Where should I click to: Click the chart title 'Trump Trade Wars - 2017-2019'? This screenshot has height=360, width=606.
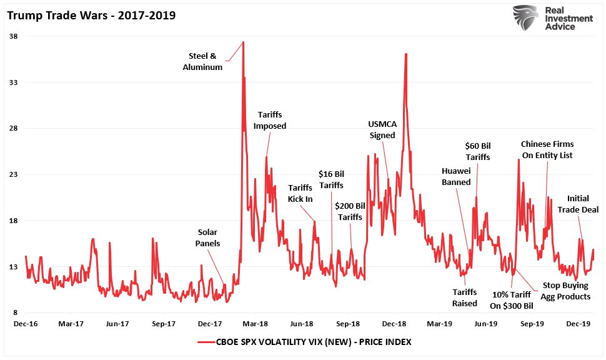91,14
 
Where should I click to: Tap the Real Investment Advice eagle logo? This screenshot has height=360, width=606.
526,19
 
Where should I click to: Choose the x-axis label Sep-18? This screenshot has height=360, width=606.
348,324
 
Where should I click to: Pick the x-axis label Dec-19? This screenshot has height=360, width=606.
579,324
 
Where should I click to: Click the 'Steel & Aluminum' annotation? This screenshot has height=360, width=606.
202,61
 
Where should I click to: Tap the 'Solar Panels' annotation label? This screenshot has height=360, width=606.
207,237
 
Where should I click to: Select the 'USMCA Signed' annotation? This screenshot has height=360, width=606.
382,129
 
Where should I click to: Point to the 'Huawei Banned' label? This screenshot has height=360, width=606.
456,176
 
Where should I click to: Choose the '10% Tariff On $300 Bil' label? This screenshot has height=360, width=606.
512,300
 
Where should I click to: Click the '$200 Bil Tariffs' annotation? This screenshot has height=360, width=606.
350,211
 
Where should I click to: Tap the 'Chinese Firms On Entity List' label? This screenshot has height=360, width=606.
547,149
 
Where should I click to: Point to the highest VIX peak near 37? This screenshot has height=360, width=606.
243,42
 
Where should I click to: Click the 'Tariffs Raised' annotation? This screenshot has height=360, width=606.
465,297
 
